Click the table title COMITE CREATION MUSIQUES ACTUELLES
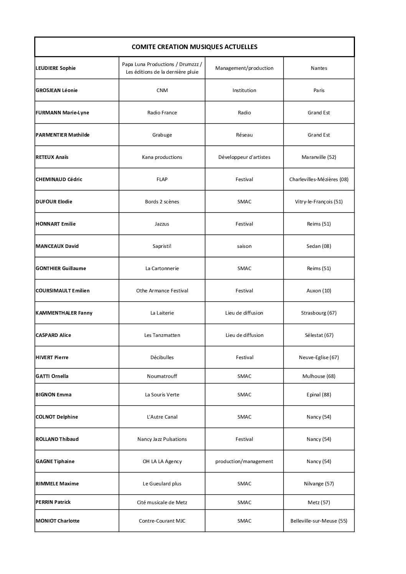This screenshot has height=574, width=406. point(194,47)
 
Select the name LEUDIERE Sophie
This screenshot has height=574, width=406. point(56,68)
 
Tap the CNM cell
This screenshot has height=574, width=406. point(162,91)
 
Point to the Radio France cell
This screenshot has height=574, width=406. point(162,113)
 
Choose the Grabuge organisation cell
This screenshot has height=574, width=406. point(162,135)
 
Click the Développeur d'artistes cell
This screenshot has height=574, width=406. point(244,157)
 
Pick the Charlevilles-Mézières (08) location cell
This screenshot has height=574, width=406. point(319,180)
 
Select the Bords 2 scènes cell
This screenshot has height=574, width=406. point(162,202)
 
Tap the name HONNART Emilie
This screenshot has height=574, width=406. point(56,224)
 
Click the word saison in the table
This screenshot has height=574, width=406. point(244,246)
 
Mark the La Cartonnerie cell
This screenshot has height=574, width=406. point(162,269)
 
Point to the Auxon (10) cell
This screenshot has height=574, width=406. point(319,291)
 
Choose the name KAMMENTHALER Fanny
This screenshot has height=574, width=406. point(64,313)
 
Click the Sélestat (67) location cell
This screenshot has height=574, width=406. point(319,335)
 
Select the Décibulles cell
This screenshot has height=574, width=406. point(162,358)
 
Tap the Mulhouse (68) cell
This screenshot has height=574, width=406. point(319,376)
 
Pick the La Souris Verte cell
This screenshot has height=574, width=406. point(162,395)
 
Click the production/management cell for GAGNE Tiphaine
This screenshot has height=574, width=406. point(244,462)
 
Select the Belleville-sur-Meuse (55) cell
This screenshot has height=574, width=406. point(319,521)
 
